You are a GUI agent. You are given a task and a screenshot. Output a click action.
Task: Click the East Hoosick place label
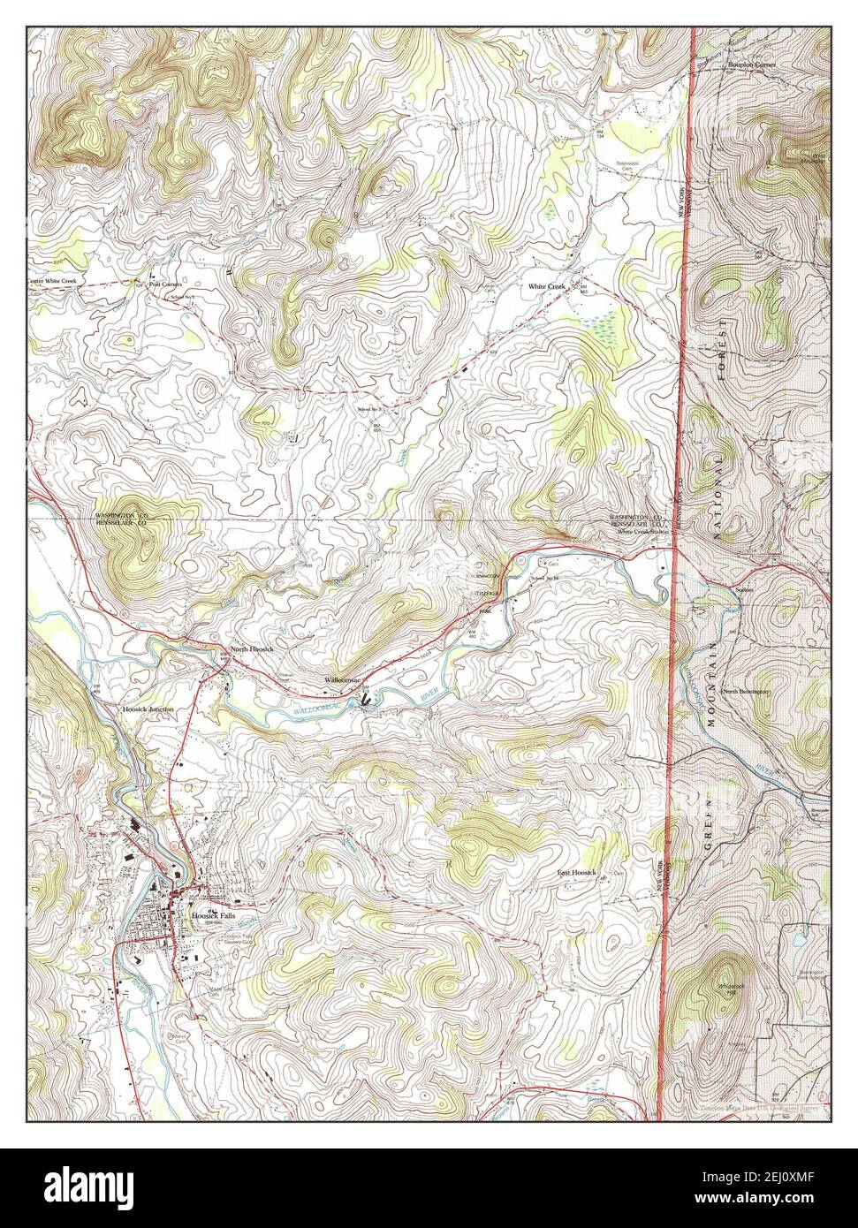click(x=577, y=873)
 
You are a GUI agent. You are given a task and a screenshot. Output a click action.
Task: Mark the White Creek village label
click(x=546, y=287)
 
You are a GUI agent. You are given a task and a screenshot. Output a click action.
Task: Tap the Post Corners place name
click(x=158, y=284)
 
